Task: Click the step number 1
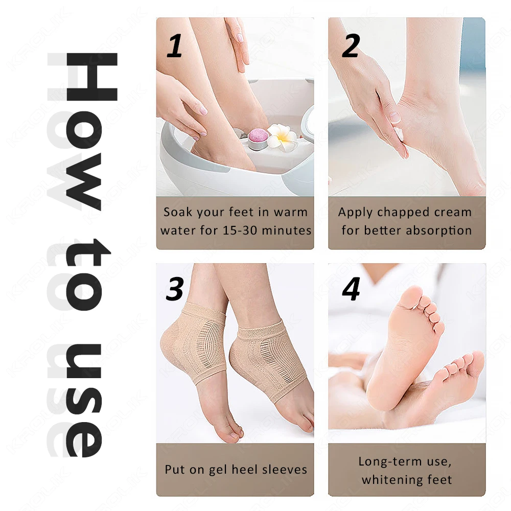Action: (x=174, y=45)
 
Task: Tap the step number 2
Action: (x=351, y=45)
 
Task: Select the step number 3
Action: (x=175, y=289)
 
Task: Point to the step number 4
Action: (x=351, y=289)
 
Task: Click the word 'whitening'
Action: (x=392, y=480)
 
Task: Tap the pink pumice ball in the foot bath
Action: (x=258, y=138)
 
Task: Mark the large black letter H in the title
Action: (x=91, y=77)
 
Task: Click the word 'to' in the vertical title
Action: (x=86, y=274)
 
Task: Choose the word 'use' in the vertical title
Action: (x=84, y=400)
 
